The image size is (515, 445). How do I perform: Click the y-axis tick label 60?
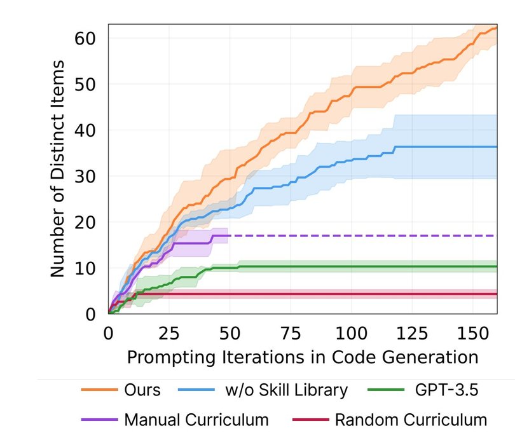tap(90, 38)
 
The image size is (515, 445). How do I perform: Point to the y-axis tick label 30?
tap(90, 176)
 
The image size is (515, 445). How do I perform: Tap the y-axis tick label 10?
tap(90, 268)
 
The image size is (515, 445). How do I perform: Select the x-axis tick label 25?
tap(168, 333)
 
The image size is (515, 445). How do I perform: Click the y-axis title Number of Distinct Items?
tap(58, 168)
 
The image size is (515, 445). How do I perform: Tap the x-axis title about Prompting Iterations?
tap(302, 357)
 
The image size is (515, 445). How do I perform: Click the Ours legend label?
tap(143, 389)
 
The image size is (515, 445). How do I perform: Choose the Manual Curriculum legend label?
tap(196, 420)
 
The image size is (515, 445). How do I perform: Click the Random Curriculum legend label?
tap(411, 420)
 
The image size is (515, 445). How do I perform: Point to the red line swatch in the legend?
tap(310, 420)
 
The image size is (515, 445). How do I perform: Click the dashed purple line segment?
tap(362, 236)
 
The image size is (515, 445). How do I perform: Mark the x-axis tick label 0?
tap(108, 333)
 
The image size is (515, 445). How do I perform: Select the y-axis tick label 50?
tap(90, 84)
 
